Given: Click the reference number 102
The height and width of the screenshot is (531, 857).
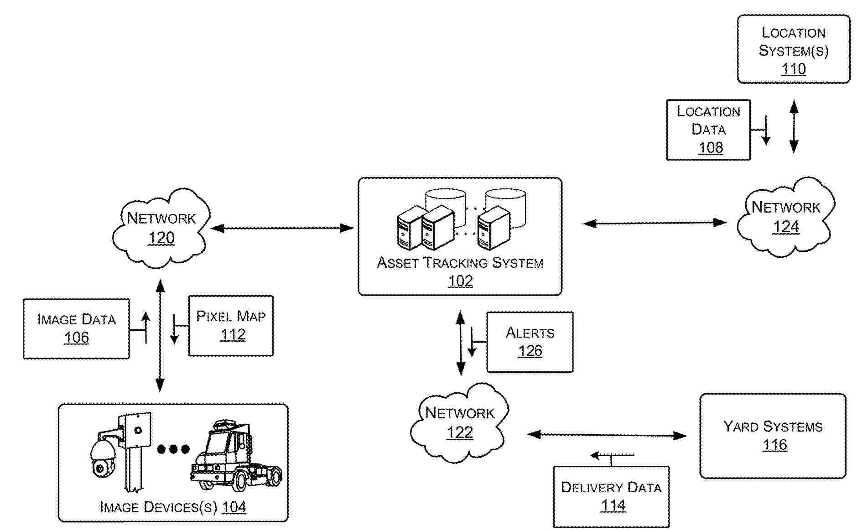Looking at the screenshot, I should (460, 281).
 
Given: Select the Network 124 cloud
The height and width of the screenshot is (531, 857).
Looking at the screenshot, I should (785, 218).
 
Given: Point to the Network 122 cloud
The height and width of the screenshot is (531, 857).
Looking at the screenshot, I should (459, 422).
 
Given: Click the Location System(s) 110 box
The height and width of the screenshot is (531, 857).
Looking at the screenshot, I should (794, 49).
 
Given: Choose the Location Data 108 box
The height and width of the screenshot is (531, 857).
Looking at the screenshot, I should (708, 130).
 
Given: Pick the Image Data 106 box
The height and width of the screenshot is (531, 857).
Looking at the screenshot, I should (76, 328).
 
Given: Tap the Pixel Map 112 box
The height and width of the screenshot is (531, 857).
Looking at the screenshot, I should (231, 326).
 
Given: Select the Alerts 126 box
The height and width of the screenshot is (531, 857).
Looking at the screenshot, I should (530, 342).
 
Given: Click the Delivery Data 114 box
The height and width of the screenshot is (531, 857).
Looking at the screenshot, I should (611, 497).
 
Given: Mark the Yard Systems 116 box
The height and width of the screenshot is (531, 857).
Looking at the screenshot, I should (773, 436).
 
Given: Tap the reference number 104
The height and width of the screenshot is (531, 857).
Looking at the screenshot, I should (234, 507).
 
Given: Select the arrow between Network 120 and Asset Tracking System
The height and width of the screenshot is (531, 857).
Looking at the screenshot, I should (281, 228).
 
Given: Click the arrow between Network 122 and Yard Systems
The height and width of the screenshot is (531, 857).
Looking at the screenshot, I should (607, 435).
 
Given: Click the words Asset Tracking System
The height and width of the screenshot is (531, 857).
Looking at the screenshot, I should (460, 263).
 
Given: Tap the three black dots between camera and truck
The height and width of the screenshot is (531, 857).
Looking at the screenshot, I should (173, 449).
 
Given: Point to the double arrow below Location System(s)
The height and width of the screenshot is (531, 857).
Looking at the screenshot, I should (794, 127).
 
